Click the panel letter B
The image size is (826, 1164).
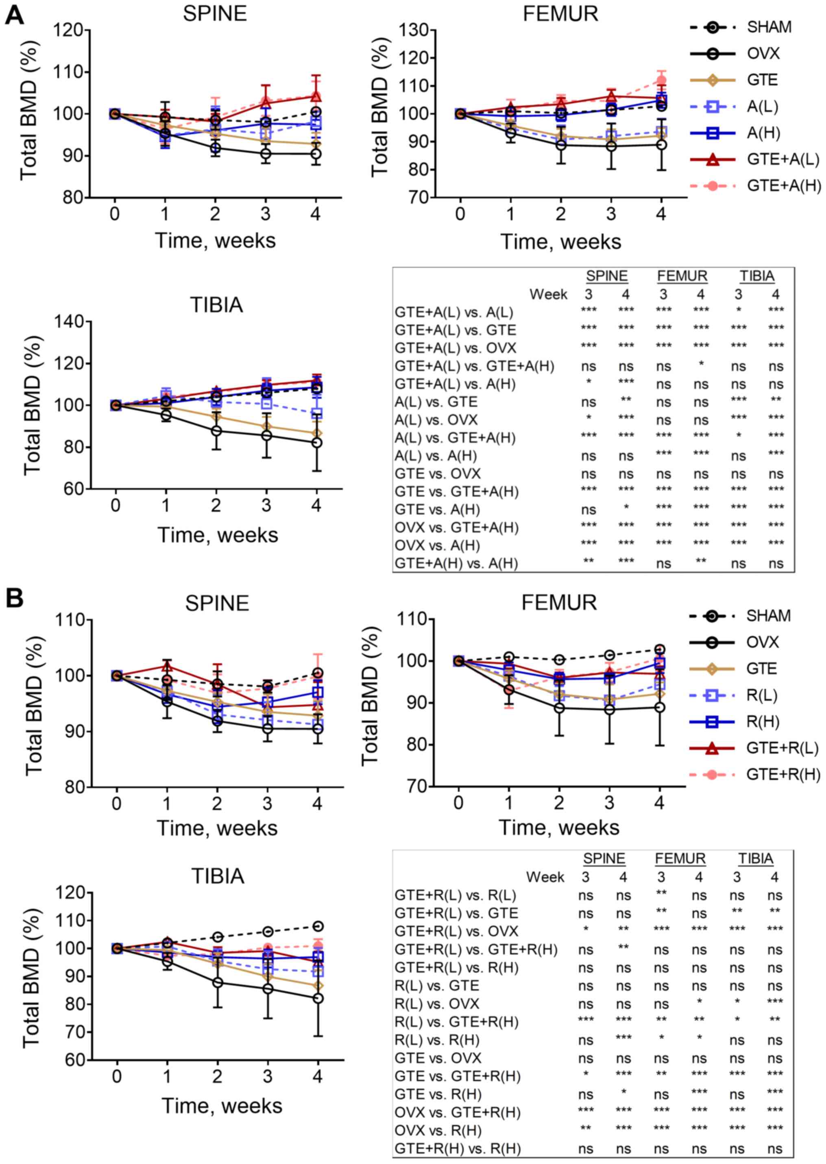click(14, 599)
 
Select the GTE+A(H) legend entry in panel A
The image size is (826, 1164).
click(783, 187)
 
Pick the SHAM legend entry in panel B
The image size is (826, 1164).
click(768, 616)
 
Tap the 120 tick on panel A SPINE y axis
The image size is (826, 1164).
click(69, 30)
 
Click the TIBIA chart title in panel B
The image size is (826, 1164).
click(217, 877)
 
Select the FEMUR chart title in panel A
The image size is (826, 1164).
click(560, 14)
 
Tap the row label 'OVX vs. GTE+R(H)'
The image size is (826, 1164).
click(457, 1113)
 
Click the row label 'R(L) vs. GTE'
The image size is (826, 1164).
click(436, 986)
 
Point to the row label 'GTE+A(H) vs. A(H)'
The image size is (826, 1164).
click(456, 564)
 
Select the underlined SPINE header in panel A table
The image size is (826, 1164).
click(606, 276)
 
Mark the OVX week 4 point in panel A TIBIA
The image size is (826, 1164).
click(316, 443)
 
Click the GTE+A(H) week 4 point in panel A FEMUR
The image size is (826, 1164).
click(661, 80)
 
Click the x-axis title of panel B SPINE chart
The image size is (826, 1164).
click(217, 828)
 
